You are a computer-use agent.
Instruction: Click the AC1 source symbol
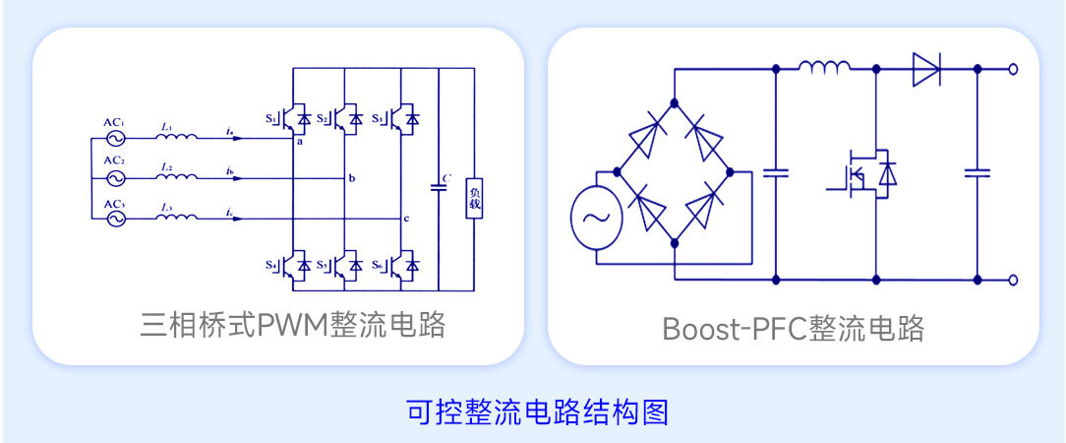coord(113,138)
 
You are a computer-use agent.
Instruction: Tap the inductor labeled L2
coord(178,178)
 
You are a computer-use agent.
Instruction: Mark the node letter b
coord(351,178)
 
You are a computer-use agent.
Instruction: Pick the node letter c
coord(405,218)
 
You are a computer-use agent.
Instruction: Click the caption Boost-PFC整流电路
coord(794,328)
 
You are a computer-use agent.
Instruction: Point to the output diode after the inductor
coord(925,69)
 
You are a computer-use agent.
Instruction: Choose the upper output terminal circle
coord(1014,69)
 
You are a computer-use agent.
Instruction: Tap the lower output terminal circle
coord(1014,280)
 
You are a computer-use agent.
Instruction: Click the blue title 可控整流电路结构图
coord(537,411)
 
